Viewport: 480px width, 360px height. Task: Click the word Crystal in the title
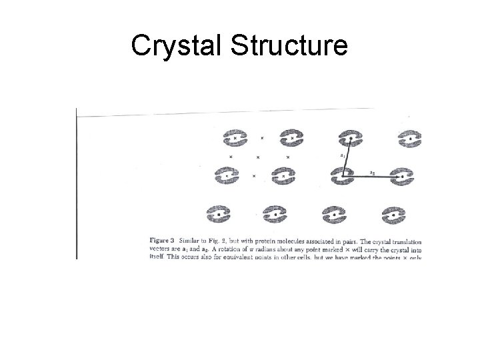pos(175,46)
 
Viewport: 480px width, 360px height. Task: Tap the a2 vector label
pos(373,171)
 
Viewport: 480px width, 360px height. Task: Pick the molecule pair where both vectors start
pos(343,176)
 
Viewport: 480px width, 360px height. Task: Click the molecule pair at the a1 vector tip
pos(350,139)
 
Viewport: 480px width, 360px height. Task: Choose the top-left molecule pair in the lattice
pos(235,138)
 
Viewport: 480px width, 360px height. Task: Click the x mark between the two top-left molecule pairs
pos(261,138)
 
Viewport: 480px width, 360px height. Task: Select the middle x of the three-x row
pos(257,157)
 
